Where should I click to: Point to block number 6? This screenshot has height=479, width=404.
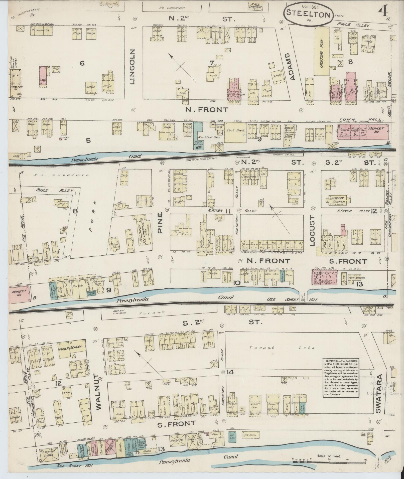coord(82,63)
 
